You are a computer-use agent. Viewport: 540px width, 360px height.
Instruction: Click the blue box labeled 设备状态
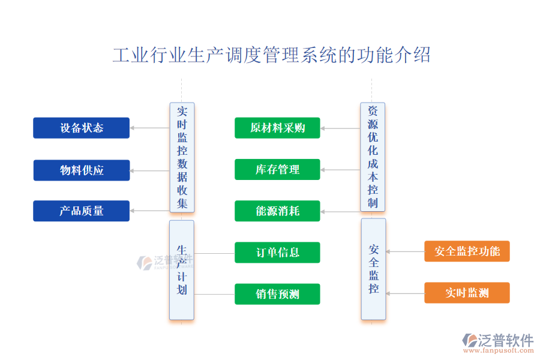[81, 128]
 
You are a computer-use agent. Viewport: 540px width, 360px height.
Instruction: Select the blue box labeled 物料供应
[81, 170]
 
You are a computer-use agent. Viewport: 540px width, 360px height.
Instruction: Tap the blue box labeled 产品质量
[81, 211]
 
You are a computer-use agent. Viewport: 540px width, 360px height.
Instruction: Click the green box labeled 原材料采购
[277, 128]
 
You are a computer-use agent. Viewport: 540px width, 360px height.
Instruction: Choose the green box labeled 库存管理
[277, 170]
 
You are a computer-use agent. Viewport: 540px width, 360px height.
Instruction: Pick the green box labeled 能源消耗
[277, 211]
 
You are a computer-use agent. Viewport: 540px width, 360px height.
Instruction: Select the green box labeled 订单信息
[277, 253]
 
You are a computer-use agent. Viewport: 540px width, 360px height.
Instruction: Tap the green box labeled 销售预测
[277, 294]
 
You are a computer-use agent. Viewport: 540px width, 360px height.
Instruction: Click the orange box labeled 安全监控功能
[467, 251]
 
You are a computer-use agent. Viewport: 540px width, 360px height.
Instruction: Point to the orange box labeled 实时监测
[467, 293]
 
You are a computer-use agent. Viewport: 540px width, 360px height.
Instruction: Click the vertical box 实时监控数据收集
[182, 157]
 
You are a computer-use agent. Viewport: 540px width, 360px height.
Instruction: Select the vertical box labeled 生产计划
[182, 269]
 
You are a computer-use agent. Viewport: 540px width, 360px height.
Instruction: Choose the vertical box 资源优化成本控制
[373, 157]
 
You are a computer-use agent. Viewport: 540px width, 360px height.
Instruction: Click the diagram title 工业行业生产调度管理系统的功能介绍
[271, 55]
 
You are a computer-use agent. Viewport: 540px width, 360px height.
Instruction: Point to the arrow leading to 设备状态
[149, 128]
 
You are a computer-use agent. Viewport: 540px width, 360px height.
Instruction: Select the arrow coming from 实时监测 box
[405, 293]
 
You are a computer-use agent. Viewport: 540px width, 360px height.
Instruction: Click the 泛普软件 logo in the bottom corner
[498, 342]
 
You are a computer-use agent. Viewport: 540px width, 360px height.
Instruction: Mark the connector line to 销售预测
[214, 294]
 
